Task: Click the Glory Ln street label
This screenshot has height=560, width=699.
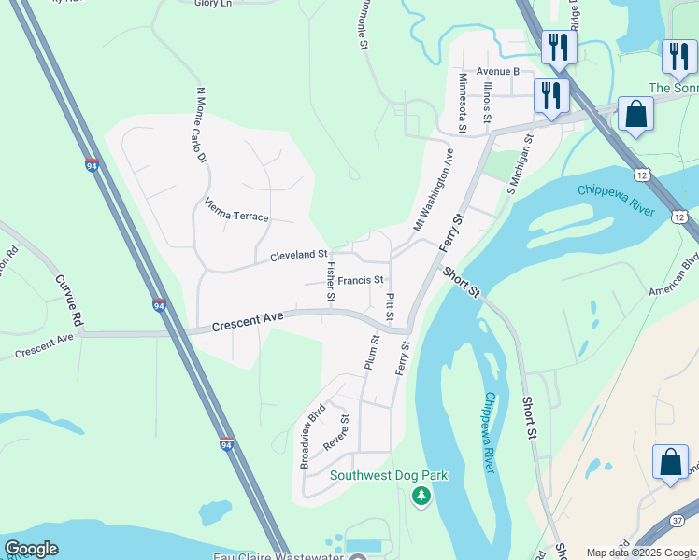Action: [213, 4]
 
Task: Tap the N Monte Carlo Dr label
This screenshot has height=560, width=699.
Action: [200, 125]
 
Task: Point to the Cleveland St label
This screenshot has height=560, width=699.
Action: [298, 255]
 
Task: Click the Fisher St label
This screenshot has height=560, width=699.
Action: [331, 281]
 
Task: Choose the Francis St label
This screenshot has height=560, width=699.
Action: [361, 280]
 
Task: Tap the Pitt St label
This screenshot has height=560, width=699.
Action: [390, 305]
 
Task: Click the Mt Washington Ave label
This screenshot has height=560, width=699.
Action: [434, 189]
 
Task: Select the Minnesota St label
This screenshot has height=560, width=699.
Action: [462, 103]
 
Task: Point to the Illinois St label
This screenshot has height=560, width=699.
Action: [487, 103]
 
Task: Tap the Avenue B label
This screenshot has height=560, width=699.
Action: [497, 71]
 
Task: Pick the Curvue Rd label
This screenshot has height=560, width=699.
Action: [69, 300]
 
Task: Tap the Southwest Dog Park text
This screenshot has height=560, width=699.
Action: [389, 475]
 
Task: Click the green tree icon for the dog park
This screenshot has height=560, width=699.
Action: [421, 496]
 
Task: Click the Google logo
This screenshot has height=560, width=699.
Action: [31, 549]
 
